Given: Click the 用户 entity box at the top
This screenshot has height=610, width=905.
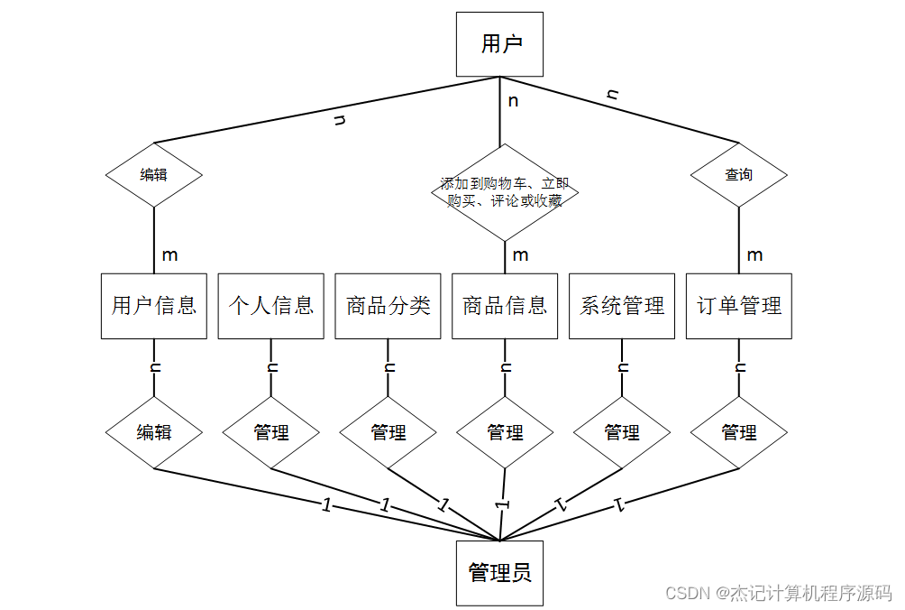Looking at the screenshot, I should pyautogui.click(x=499, y=44).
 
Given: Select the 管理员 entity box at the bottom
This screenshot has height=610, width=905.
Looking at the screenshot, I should pyautogui.click(x=499, y=573).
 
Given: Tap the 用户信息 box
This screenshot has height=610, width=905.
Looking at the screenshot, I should pyautogui.click(x=154, y=306).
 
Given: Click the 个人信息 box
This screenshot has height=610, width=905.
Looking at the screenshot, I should pyautogui.click(x=270, y=306).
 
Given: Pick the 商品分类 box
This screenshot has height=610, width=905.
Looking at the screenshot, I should pyautogui.click(x=388, y=306).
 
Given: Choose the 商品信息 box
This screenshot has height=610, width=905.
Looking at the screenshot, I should pyautogui.click(x=505, y=306).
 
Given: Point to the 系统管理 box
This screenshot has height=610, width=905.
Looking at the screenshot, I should pyautogui.click(x=622, y=306).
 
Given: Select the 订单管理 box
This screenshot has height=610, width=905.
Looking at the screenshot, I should pyautogui.click(x=739, y=306).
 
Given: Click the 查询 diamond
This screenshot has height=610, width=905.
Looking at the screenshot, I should pyautogui.click(x=739, y=175).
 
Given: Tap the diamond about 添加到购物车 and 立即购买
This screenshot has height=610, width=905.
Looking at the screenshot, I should pyautogui.click(x=505, y=192).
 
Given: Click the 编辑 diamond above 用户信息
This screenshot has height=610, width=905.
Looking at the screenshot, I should pyautogui.click(x=154, y=175).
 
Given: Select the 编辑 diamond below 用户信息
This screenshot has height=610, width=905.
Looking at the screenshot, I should pyautogui.click(x=154, y=432).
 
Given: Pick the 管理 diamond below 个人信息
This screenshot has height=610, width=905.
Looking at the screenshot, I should pyautogui.click(x=270, y=432).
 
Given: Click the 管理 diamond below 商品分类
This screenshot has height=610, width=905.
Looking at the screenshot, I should pyautogui.click(x=388, y=432).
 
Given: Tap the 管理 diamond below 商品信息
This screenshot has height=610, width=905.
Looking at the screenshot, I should pyautogui.click(x=505, y=432).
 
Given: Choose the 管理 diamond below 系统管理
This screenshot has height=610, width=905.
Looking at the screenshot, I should pyautogui.click(x=622, y=432).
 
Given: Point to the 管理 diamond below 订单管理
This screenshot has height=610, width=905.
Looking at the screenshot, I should pyautogui.click(x=739, y=432).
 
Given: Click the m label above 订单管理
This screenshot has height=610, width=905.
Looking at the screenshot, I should pyautogui.click(x=754, y=255).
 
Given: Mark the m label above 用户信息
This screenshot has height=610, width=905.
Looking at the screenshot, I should pyautogui.click(x=169, y=255).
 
